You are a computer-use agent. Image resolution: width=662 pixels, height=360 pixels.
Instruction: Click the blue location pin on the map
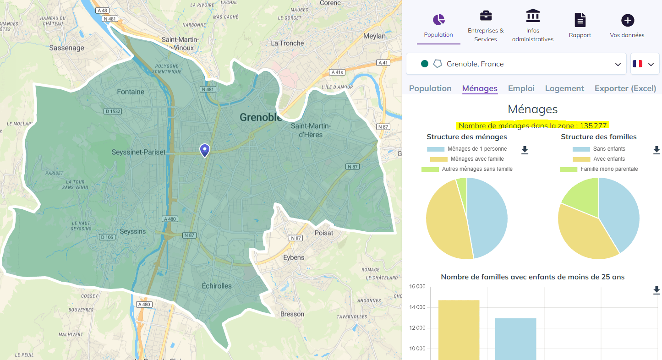(x=205, y=150)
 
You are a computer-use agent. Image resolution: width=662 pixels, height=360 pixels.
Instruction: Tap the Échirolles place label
(x=217, y=286)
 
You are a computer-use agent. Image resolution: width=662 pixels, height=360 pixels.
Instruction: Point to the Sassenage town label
(x=67, y=48)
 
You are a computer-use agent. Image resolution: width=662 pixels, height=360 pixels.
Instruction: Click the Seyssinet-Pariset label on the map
(x=138, y=152)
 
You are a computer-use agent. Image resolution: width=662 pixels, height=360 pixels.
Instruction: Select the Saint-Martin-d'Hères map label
(x=306, y=130)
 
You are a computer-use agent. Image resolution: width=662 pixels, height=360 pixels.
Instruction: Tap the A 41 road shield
(x=382, y=62)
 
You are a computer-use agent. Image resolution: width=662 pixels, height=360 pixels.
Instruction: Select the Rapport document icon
(x=580, y=20)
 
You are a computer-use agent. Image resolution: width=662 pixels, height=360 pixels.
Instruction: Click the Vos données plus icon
(x=627, y=20)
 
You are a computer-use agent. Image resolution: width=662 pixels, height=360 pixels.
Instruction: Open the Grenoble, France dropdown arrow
(x=618, y=64)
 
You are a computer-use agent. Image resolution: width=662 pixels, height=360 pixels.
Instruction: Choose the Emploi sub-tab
(x=521, y=88)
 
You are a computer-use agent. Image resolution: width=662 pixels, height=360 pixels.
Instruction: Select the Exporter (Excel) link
(x=625, y=88)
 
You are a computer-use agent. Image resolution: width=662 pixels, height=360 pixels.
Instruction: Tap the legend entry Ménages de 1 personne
(x=477, y=149)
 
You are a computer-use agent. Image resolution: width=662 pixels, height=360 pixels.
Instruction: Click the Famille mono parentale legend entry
(x=609, y=169)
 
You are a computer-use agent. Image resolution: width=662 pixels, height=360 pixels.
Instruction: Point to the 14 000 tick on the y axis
(x=416, y=307)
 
